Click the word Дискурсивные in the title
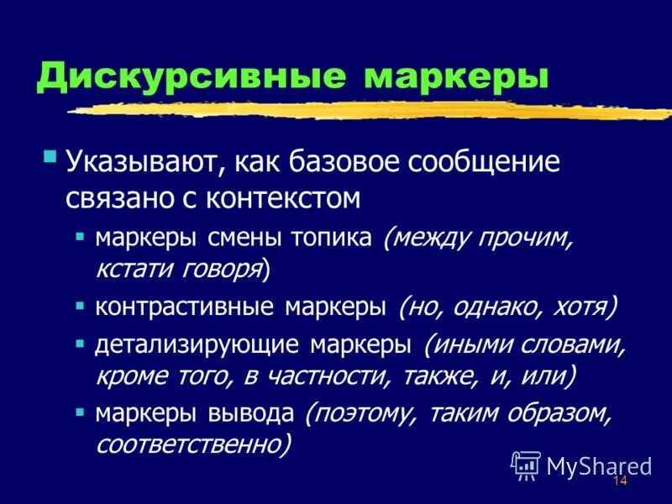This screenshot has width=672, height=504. point(192,77)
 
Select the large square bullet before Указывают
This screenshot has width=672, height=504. point(50,157)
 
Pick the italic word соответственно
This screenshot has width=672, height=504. point(193,444)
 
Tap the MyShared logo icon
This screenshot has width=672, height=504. point(527,465)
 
